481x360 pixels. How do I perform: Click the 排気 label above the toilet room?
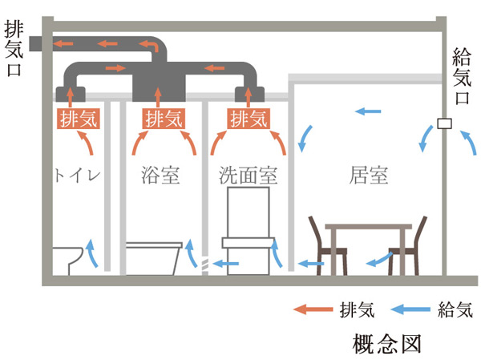(x=76, y=119)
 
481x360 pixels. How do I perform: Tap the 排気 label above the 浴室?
(x=164, y=119)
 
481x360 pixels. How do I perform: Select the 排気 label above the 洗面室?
(x=249, y=119)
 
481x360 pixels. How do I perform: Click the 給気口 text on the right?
(x=463, y=77)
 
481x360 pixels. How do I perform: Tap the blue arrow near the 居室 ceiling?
(x=367, y=112)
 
